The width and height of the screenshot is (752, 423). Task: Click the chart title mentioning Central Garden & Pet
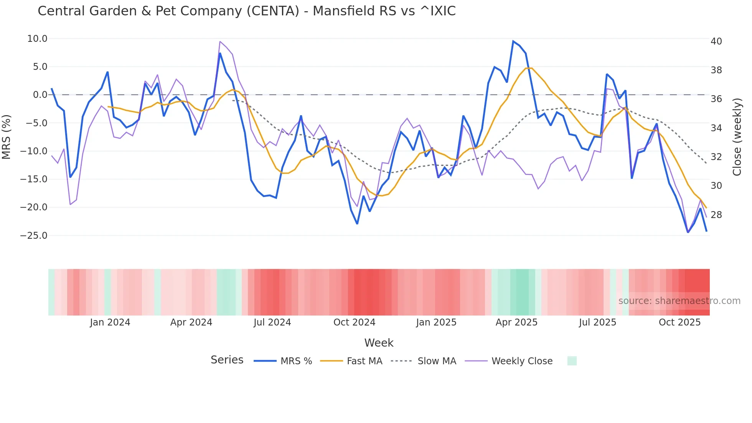tap(246, 11)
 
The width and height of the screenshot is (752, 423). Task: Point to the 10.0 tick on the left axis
tap(37, 39)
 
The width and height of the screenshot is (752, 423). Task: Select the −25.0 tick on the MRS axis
tap(34, 236)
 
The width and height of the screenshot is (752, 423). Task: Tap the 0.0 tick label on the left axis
tap(40, 95)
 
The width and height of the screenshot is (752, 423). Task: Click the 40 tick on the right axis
tap(716, 41)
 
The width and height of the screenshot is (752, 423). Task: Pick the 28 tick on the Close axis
tap(716, 215)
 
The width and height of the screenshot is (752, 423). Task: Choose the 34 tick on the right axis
tap(716, 128)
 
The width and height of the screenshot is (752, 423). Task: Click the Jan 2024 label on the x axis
tap(110, 322)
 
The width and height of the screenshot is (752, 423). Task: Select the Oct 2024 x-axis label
tap(354, 322)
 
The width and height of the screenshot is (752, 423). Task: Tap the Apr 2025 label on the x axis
tap(516, 322)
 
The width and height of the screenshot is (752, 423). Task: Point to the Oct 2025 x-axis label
tap(679, 322)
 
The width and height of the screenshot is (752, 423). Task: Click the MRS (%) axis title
tap(7, 137)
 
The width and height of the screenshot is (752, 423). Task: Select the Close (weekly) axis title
tap(737, 137)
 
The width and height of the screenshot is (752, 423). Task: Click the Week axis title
tap(379, 343)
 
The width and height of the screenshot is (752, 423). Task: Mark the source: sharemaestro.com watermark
tap(679, 301)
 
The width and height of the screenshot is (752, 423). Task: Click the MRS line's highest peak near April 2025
tap(513, 41)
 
